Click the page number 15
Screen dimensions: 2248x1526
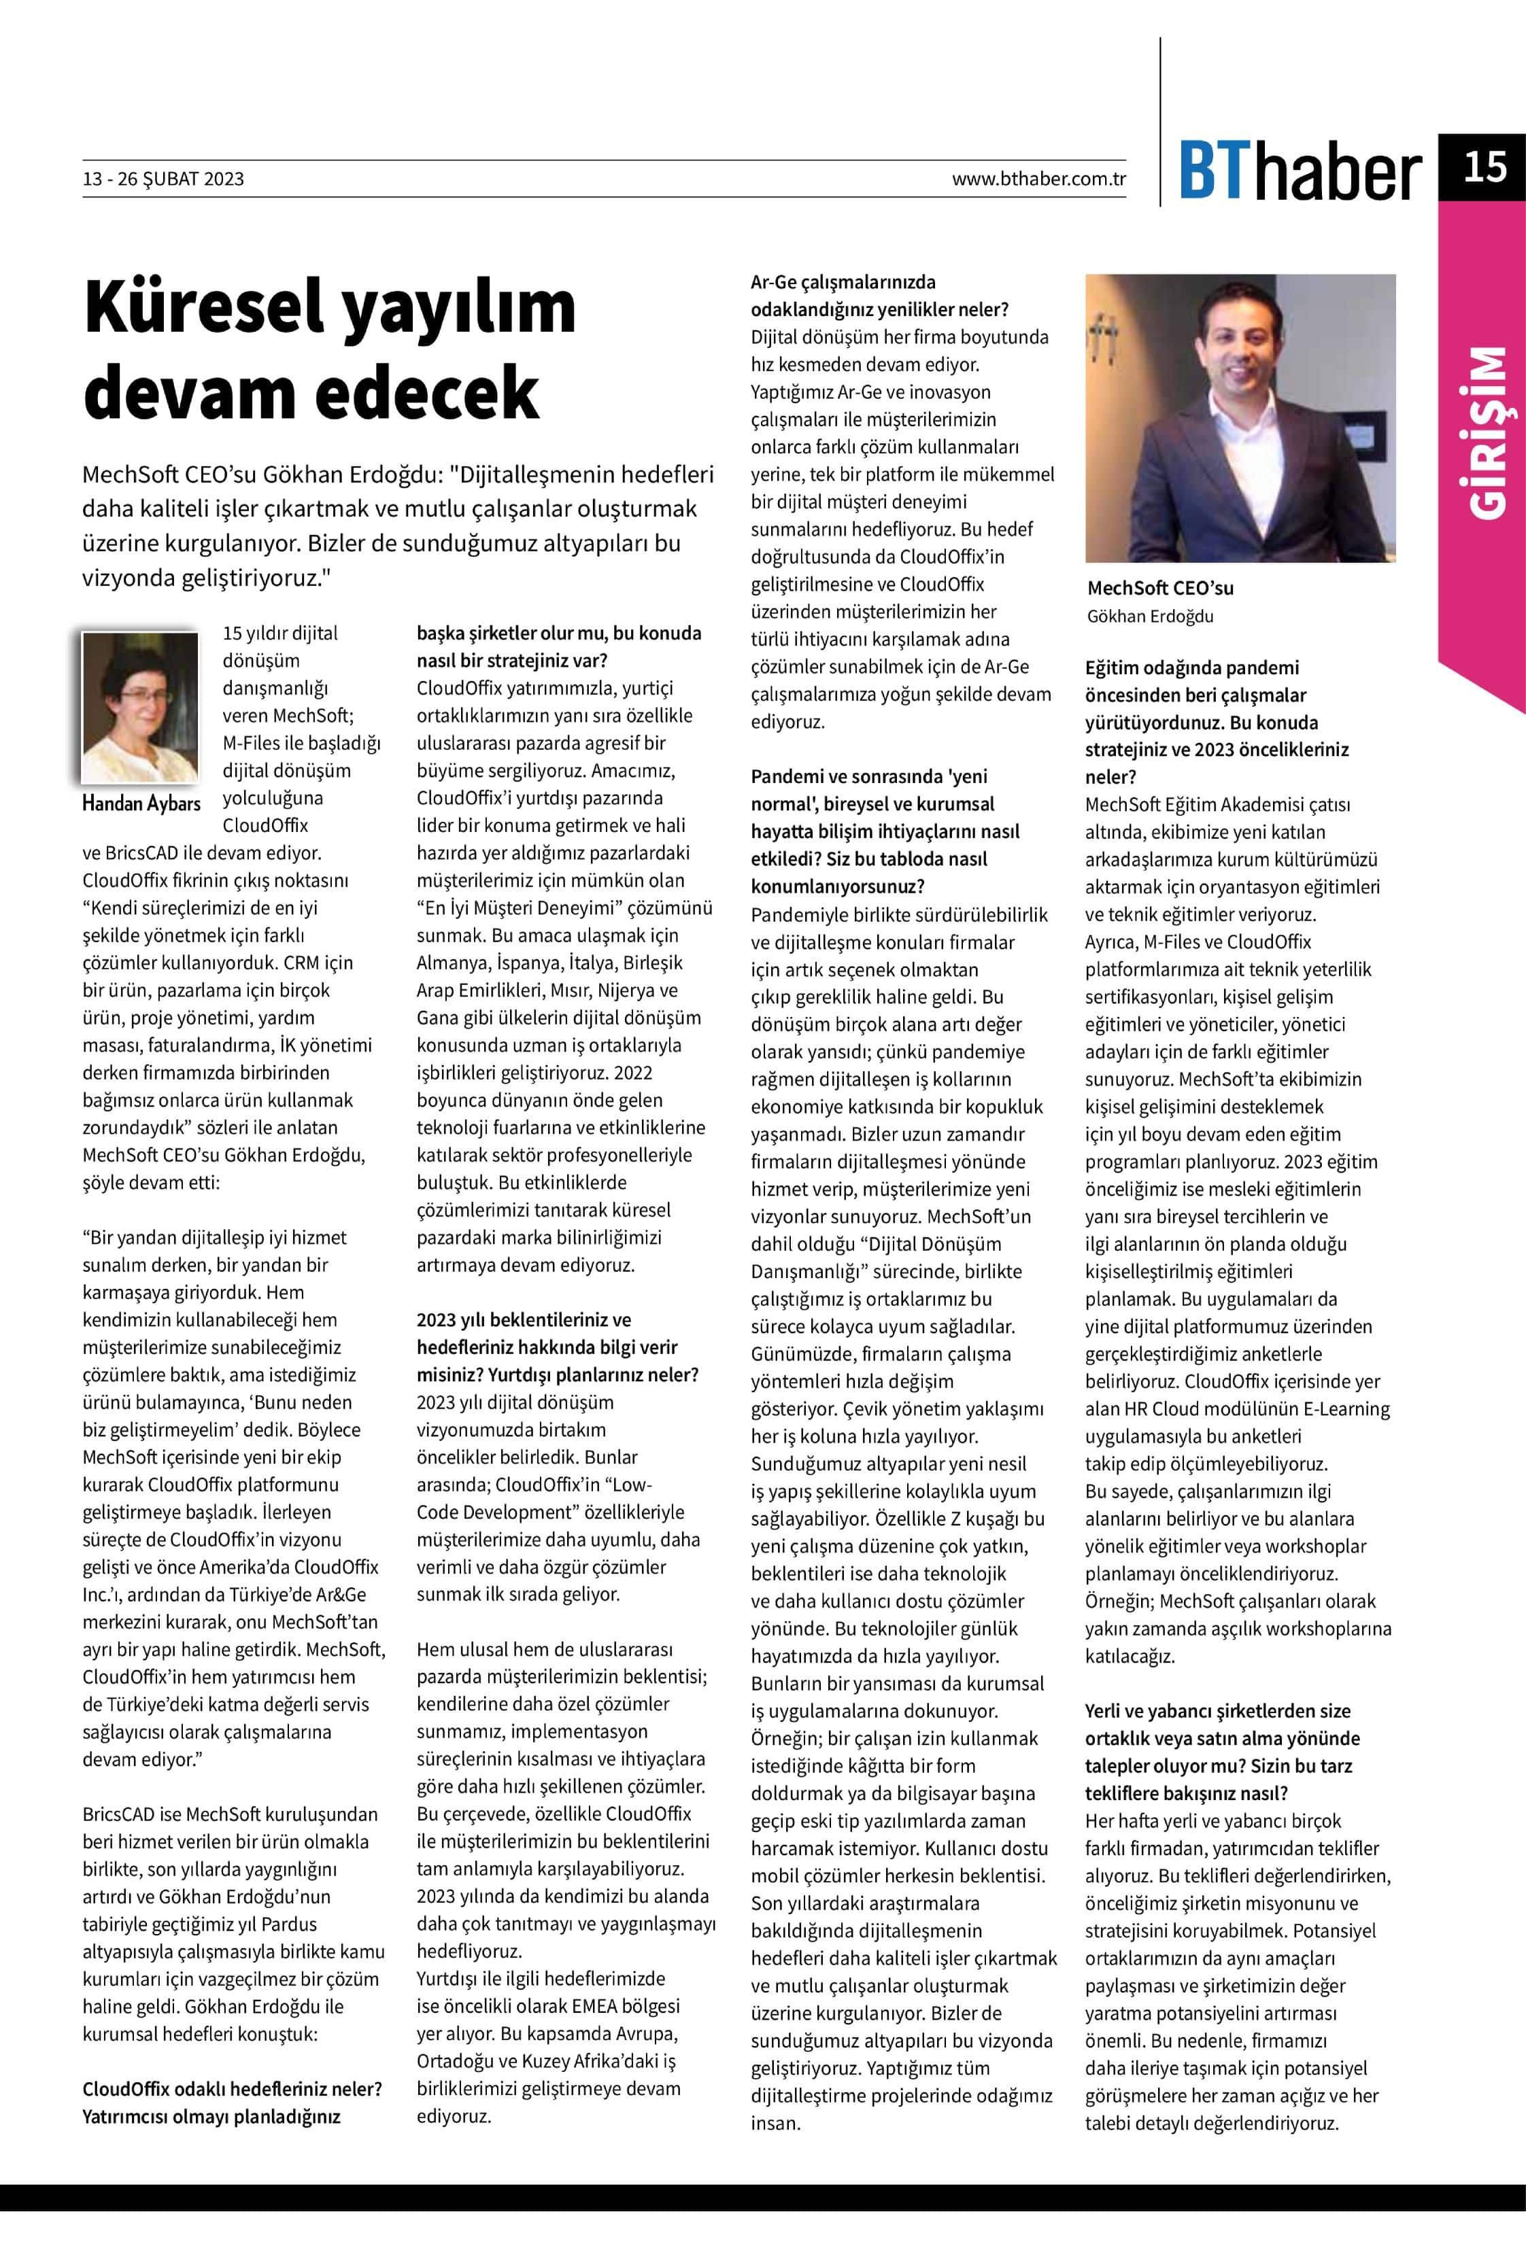point(1483,167)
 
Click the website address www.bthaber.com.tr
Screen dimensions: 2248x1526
point(1038,179)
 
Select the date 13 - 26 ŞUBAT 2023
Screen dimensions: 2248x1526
point(163,179)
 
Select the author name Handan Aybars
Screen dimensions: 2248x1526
point(141,803)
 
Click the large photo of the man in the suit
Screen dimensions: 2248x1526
point(1240,418)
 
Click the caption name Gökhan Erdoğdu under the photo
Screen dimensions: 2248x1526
point(1149,616)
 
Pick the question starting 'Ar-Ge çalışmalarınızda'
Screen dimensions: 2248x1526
point(879,296)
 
